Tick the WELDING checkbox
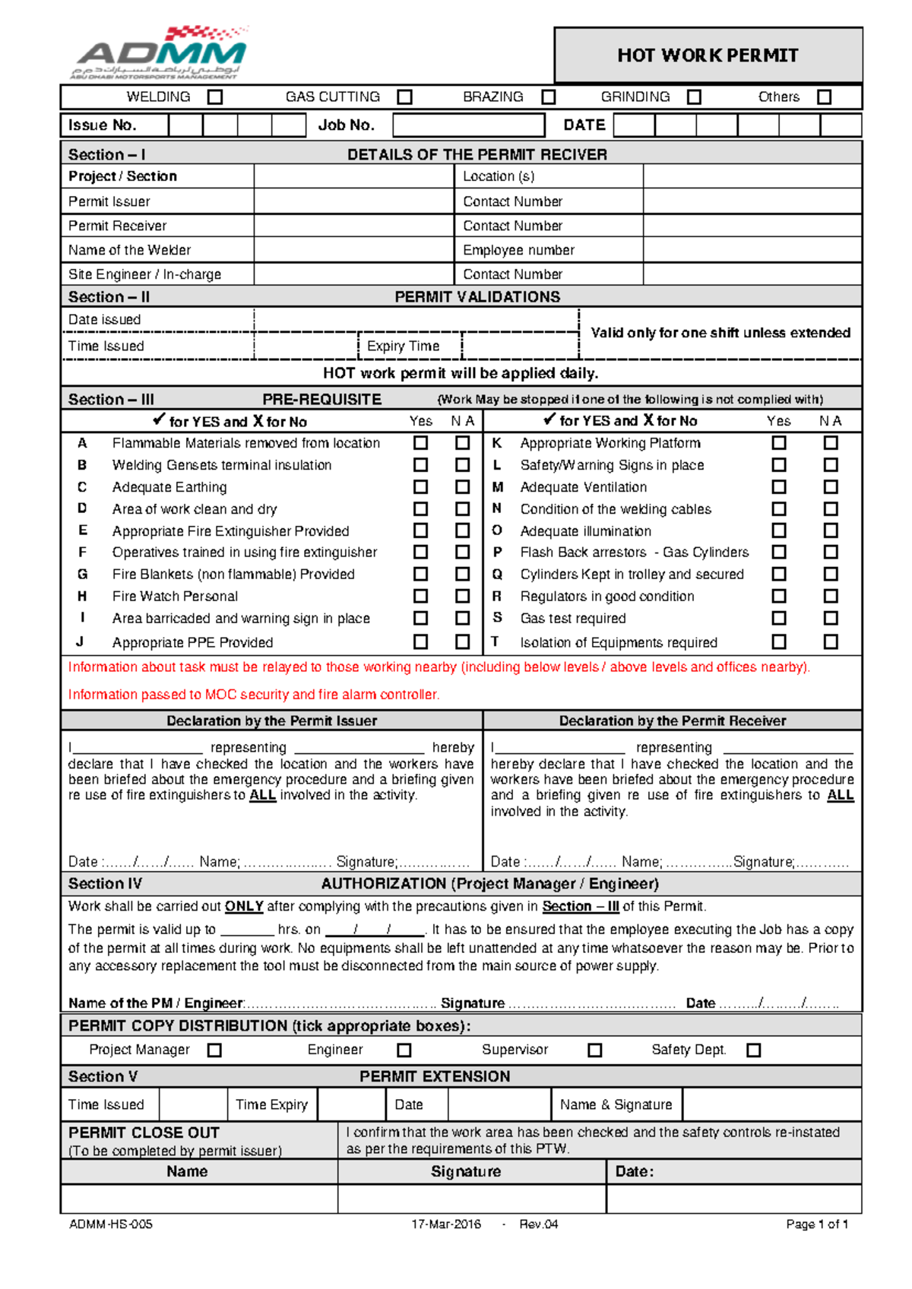click(216, 97)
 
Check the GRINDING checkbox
click(694, 97)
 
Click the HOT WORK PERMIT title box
click(708, 55)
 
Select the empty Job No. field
click(468, 125)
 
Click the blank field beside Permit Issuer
click(353, 201)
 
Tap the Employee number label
click(518, 250)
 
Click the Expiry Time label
click(403, 346)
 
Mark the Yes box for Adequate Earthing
click(420, 486)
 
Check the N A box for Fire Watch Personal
click(462, 596)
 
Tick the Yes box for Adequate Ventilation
click(779, 486)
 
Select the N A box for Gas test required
click(831, 618)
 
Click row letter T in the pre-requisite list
click(496, 641)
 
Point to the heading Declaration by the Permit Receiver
click(672, 721)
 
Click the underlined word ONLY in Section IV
click(244, 906)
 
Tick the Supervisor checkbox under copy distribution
click(595, 1050)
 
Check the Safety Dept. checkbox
click(753, 1050)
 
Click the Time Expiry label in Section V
click(271, 1104)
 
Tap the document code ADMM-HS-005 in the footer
click(111, 1224)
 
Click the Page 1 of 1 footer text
click(816, 1224)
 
